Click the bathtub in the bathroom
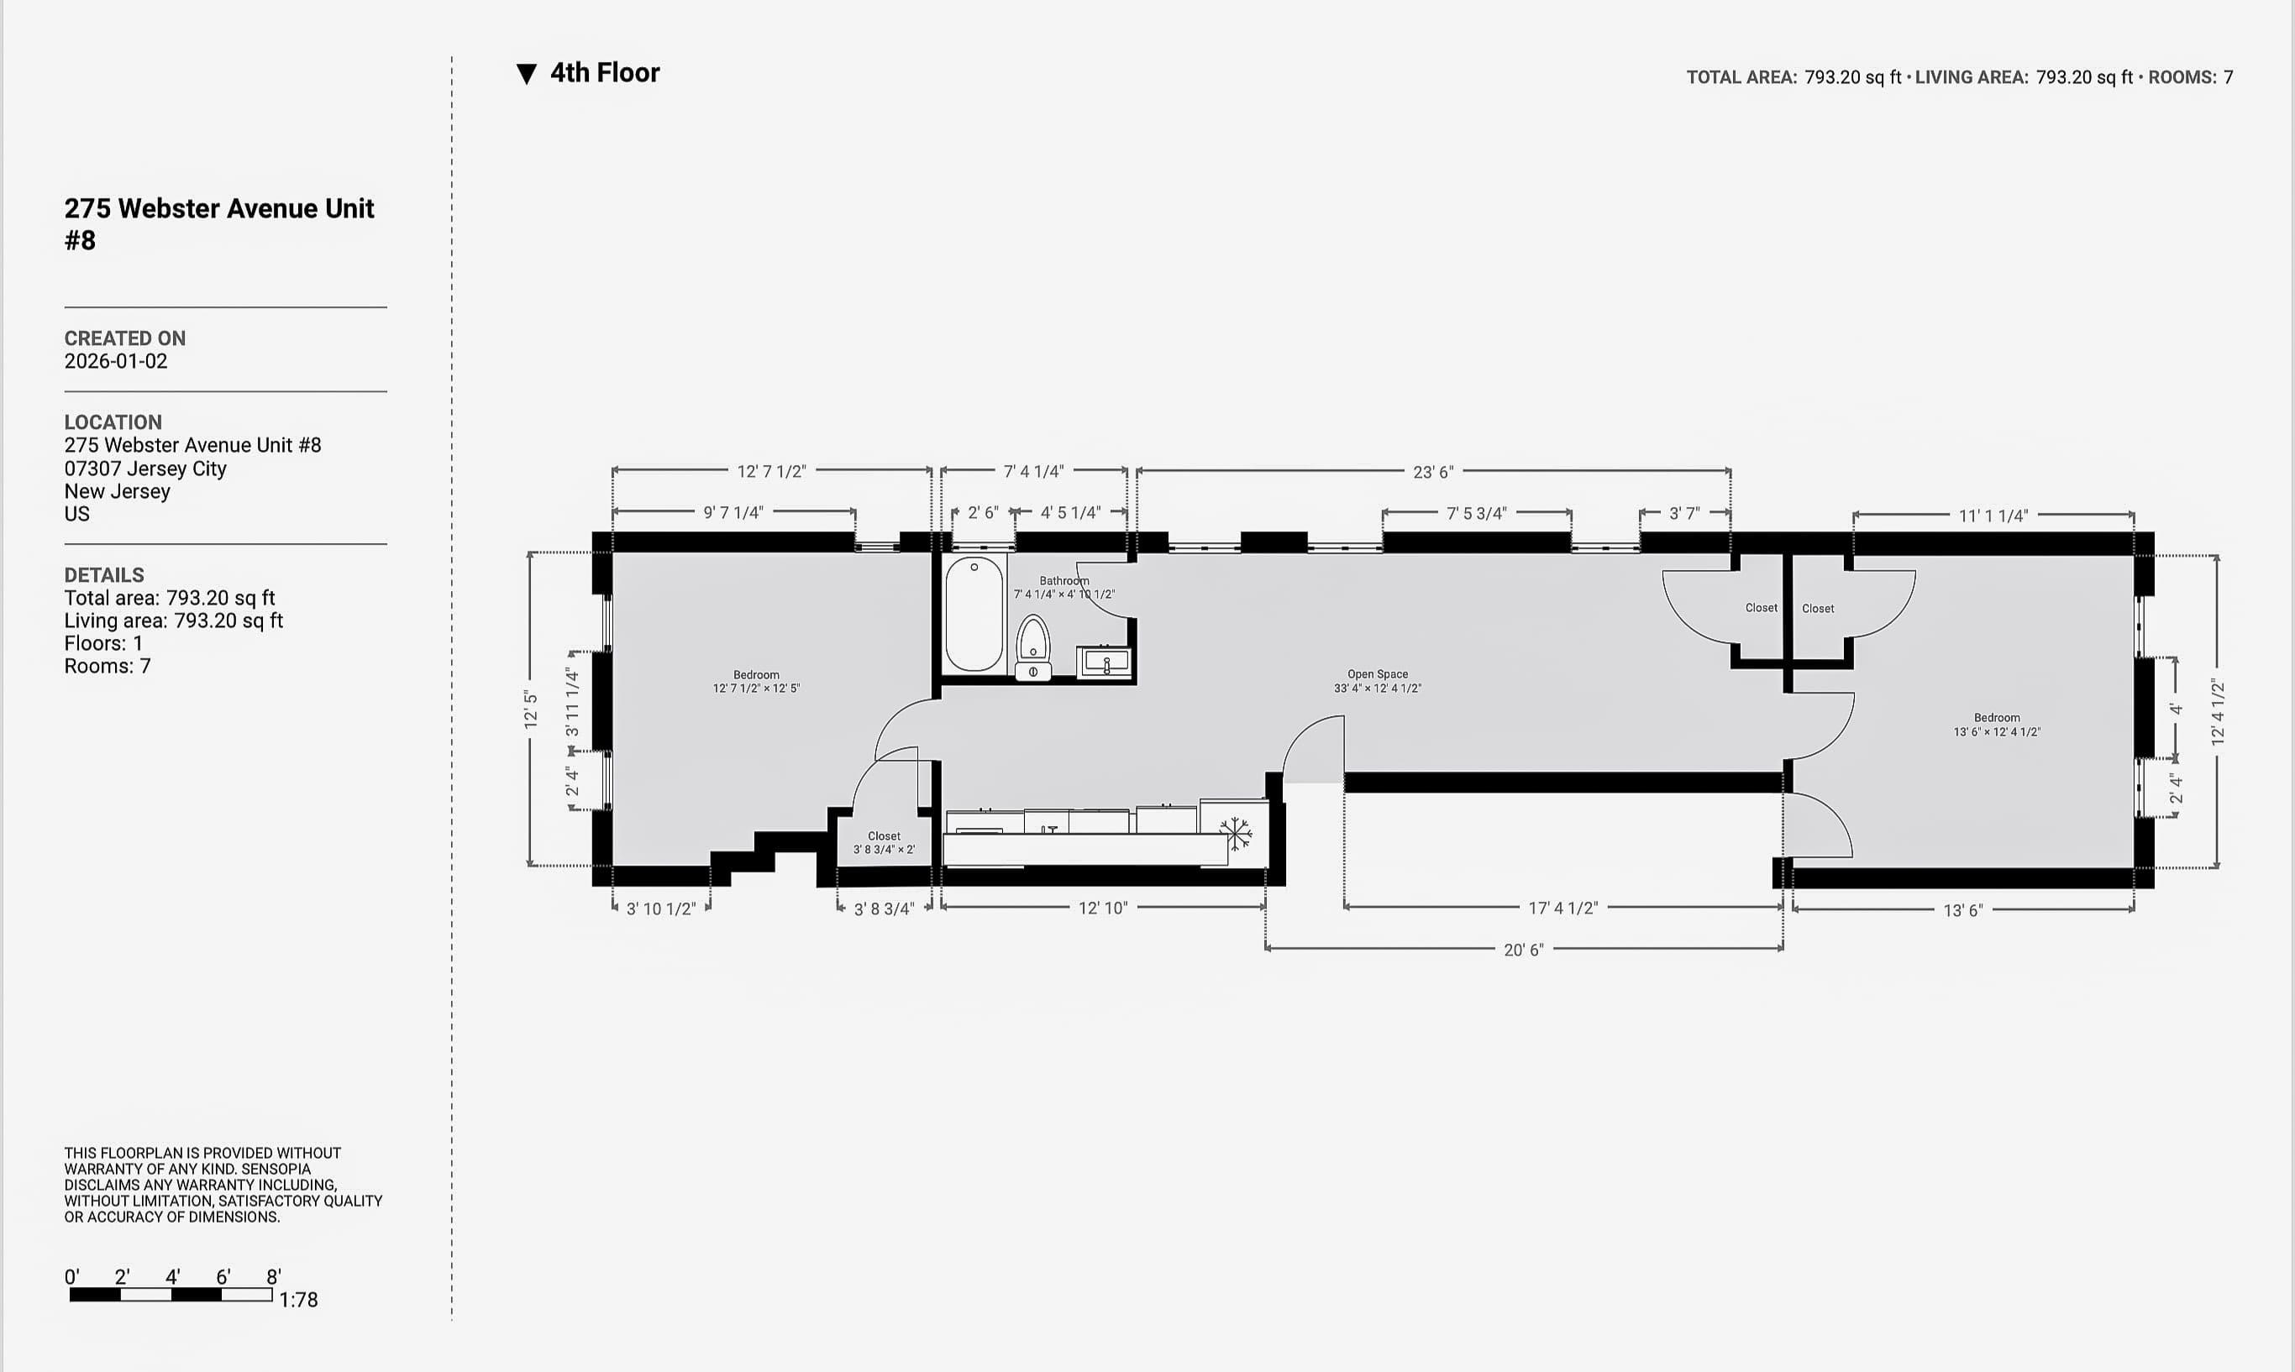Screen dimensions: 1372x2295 (x=974, y=613)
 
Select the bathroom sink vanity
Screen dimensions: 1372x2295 (x=1105, y=662)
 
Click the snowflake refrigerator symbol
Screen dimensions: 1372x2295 (x=1236, y=833)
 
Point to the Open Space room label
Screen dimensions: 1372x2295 (x=1377, y=675)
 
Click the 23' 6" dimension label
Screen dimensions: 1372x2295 (x=1432, y=473)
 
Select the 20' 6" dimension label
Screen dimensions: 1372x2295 (x=1523, y=950)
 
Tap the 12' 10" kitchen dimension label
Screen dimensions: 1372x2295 (x=1102, y=908)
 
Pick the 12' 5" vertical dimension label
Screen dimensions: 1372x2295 (x=531, y=710)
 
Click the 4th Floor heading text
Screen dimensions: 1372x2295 (x=605, y=73)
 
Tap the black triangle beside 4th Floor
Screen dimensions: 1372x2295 (x=526, y=74)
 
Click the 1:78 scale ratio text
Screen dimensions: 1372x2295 (x=299, y=1300)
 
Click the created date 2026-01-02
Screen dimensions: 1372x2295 (x=116, y=362)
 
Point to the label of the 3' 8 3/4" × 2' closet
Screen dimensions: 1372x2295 (x=884, y=842)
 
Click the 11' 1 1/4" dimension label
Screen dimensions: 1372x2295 (x=1993, y=516)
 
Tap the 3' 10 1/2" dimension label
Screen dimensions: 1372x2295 (x=660, y=909)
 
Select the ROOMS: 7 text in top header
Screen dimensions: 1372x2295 (x=2190, y=77)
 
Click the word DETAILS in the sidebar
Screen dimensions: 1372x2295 (x=103, y=575)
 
